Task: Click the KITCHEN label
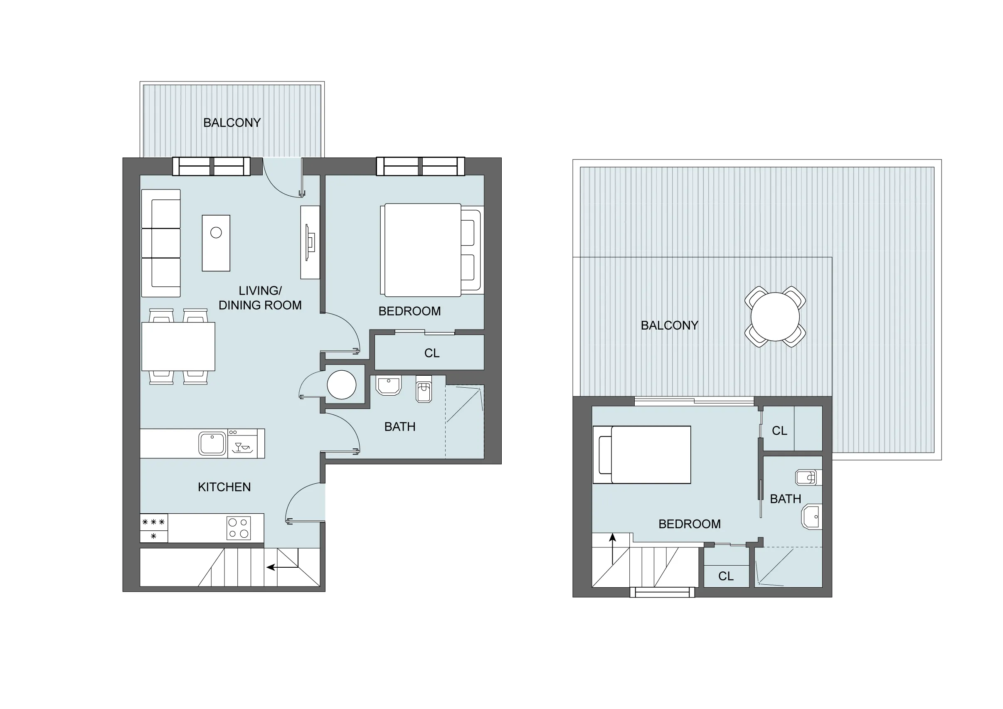[224, 487]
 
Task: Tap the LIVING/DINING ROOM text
[260, 298]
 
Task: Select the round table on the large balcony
[774, 317]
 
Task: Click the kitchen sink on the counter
[212, 443]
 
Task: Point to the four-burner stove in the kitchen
[239, 528]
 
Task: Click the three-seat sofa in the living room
[161, 243]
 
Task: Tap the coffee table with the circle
[216, 243]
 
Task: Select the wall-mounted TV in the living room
[310, 242]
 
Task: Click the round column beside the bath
[342, 384]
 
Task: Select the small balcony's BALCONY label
[232, 123]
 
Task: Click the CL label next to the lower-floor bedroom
[431, 353]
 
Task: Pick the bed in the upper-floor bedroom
[642, 454]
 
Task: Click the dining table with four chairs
[178, 347]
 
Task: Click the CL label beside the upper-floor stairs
[726, 576]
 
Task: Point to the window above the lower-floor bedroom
[420, 166]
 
